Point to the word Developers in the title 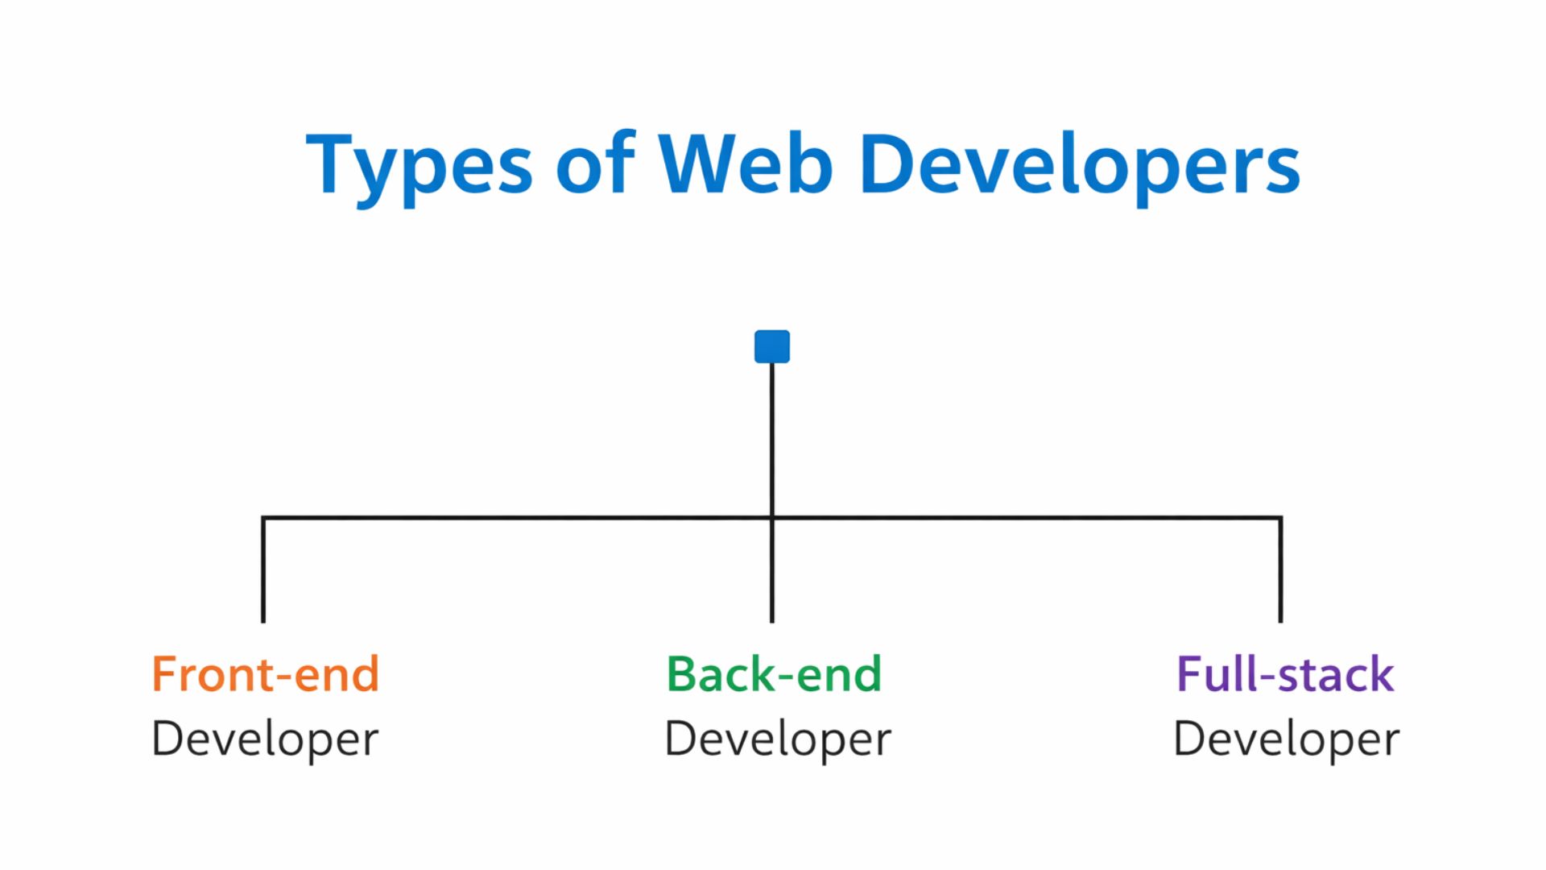(1080, 165)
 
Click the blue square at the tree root (772, 346)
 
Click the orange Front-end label (265, 674)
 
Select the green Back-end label (774, 674)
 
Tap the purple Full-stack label (1285, 674)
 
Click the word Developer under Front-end (265, 739)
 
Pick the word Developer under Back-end (778, 739)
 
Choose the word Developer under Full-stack (1287, 739)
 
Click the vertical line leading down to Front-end (263, 572)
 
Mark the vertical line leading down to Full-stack (1280, 572)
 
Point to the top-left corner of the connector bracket (263, 518)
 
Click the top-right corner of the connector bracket (1280, 518)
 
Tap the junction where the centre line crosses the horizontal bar (772, 518)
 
